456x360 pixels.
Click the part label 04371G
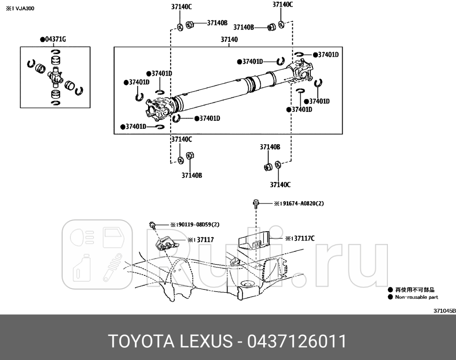tap(53, 39)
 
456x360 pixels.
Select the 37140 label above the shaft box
tap(229, 40)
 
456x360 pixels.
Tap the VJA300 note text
tap(20, 8)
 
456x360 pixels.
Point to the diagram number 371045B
tap(444, 311)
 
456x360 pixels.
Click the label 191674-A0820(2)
tap(299, 203)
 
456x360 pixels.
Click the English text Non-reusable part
tap(416, 297)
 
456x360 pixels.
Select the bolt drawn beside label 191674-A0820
tap(256, 204)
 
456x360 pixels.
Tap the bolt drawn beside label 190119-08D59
tap(153, 225)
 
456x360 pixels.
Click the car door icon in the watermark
tap(113, 236)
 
